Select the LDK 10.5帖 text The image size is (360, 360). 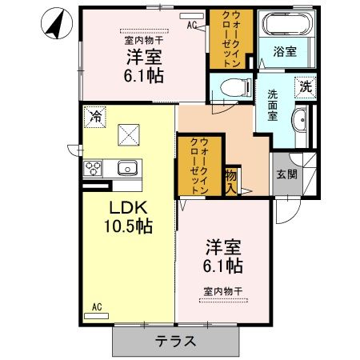(127, 215)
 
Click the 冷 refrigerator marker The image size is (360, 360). (95, 115)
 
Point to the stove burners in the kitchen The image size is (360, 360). (94, 170)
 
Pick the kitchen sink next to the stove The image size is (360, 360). (127, 169)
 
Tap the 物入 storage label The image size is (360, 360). (231, 179)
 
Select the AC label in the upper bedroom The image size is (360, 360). (191, 26)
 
